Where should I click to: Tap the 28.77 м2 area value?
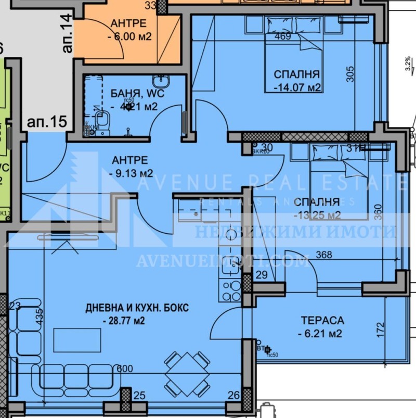point(125,320)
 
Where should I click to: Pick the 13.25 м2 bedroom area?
point(317,215)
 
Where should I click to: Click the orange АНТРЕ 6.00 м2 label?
point(128,30)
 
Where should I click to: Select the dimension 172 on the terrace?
point(381,328)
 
